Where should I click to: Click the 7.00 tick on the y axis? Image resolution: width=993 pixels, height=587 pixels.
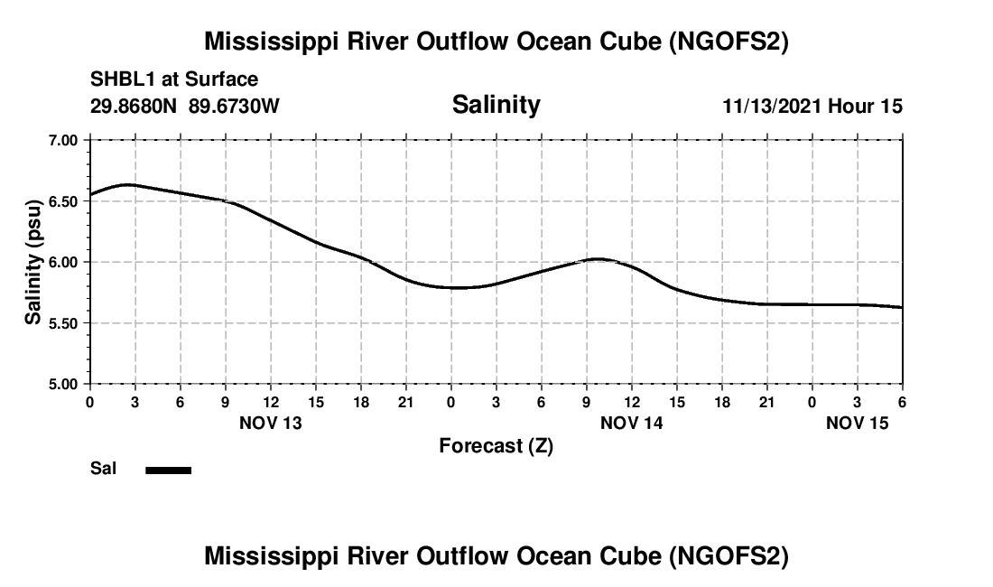63,140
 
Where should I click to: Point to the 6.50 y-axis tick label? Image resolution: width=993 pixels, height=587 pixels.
63,201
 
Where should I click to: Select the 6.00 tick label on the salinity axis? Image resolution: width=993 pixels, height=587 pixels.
63,262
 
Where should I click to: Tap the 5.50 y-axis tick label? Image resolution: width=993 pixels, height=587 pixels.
63,323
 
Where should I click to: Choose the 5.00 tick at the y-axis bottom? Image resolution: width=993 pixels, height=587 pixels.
63,384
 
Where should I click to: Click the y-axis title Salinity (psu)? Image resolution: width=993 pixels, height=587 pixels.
33,262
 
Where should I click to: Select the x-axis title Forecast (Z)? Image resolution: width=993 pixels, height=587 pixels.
496,446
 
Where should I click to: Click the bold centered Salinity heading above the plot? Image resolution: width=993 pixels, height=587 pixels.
496,105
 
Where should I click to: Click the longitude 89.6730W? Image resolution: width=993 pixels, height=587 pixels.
234,107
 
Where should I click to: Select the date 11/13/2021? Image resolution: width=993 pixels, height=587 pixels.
772,107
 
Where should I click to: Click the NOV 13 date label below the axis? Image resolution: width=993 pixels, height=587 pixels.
270,422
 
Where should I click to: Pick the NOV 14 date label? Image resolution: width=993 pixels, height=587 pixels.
631,422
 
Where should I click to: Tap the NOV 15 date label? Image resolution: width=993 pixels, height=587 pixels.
857,422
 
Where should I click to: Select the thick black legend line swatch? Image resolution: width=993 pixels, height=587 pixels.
169,470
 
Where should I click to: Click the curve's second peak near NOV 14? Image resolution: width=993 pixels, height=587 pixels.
599,259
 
